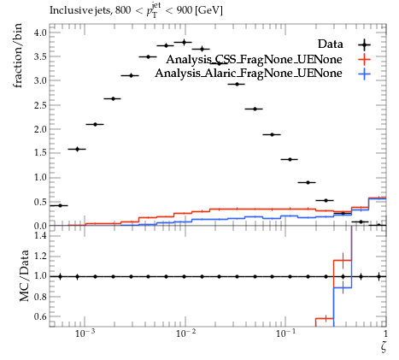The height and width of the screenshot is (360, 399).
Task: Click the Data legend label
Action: point(331,44)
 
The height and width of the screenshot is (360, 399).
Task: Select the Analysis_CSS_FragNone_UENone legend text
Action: point(254,59)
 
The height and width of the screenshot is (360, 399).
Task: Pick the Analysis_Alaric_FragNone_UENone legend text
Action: point(249,74)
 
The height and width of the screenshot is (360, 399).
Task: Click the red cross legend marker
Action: point(364,59)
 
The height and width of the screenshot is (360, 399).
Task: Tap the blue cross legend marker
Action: point(364,74)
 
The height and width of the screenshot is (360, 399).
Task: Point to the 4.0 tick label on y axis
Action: point(40,32)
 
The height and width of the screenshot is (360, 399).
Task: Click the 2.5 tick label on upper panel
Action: point(40,105)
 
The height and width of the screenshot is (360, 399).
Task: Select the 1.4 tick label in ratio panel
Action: point(40,235)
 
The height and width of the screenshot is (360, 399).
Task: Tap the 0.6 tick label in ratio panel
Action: point(40,316)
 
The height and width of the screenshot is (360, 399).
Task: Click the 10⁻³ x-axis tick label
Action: point(85,333)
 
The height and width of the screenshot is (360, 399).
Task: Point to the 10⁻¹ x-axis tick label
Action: point(285,333)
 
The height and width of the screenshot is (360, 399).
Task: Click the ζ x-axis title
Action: point(384,346)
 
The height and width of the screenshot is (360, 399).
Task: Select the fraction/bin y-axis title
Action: point(17,56)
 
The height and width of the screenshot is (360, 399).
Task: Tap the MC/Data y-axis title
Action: point(24,275)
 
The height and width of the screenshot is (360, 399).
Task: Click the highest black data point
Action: point(184,42)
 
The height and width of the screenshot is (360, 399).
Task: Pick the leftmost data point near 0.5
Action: point(60,205)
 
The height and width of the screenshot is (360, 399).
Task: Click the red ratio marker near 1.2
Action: point(343,260)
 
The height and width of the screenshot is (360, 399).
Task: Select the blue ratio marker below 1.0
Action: point(343,287)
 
